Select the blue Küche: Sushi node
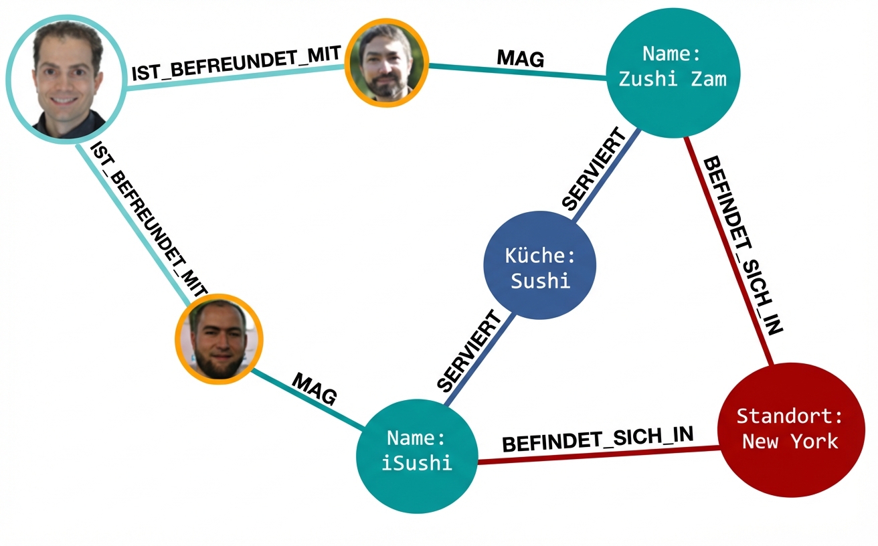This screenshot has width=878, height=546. (x=539, y=266)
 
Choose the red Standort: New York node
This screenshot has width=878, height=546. (x=790, y=430)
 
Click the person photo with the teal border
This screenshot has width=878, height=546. (x=66, y=79)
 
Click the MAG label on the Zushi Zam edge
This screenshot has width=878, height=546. (x=521, y=60)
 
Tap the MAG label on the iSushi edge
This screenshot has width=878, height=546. (x=314, y=389)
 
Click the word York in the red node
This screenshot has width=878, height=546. (x=814, y=442)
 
